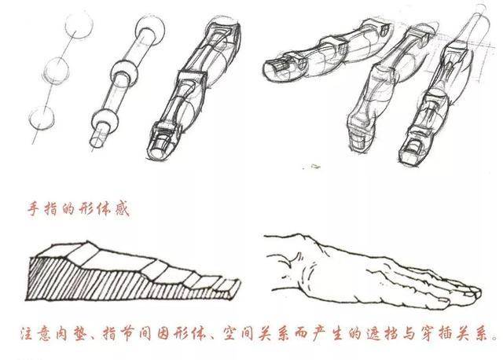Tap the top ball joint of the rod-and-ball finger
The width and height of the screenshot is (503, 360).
pyautogui.click(x=150, y=30)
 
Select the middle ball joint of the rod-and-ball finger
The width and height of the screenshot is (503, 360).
pyautogui.click(x=124, y=74)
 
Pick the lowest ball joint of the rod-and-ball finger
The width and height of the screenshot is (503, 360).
pyautogui.click(x=105, y=122)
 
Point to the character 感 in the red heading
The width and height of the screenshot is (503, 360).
pyautogui.click(x=122, y=209)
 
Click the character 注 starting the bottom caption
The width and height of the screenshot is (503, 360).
pyautogui.click(x=27, y=334)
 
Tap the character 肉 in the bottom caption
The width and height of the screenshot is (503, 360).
pyautogui.click(x=60, y=334)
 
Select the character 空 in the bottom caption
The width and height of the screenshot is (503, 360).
pyautogui.click(x=229, y=334)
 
